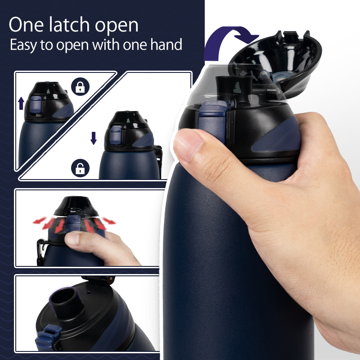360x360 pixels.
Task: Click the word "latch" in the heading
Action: pyautogui.click(x=73, y=25)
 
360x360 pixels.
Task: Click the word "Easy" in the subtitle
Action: pyautogui.click(x=26, y=45)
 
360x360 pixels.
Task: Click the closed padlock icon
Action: pyautogui.click(x=80, y=86)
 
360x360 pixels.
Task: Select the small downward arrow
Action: pyautogui.click(x=94, y=138)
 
